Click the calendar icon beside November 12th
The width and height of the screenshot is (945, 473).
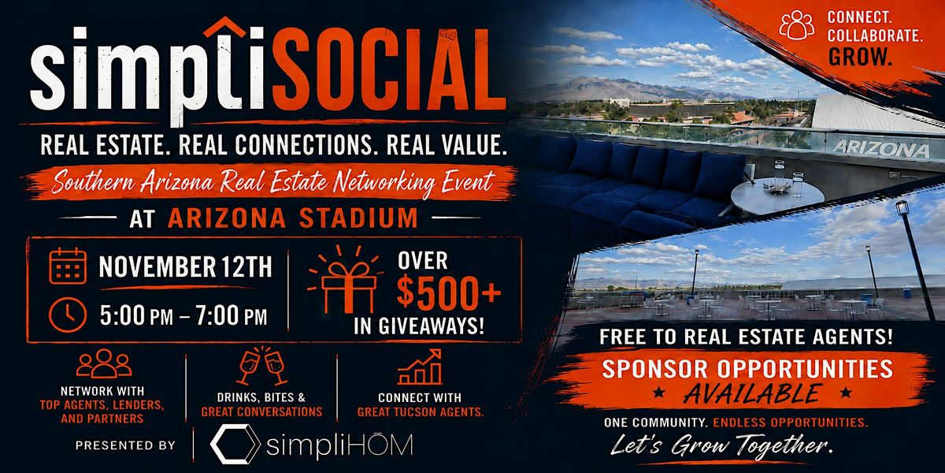[x=68, y=266]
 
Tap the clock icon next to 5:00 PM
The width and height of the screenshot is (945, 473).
[x=68, y=315]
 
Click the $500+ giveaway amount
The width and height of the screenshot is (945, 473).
[x=449, y=292]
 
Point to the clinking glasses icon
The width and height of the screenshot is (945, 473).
[x=262, y=366]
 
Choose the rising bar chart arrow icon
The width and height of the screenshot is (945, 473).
[x=419, y=367]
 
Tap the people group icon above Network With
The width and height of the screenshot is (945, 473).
[x=104, y=363]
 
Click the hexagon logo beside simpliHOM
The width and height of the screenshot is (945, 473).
[x=235, y=445]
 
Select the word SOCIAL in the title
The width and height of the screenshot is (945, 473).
[x=388, y=70]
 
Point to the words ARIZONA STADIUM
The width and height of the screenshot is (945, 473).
[x=293, y=218]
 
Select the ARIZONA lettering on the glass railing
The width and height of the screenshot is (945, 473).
[x=881, y=149]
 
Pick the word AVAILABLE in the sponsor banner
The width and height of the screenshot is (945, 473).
[x=752, y=394]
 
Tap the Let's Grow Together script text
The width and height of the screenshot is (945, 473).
[x=722, y=445]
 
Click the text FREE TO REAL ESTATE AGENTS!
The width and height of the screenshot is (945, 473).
[x=746, y=337]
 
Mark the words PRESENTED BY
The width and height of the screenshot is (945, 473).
[x=125, y=445]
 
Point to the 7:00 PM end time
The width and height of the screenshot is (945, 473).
[x=232, y=315]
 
